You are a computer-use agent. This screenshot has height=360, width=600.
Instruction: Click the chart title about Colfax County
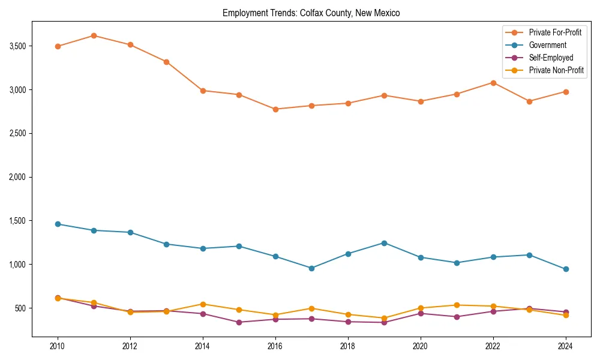pos(311,13)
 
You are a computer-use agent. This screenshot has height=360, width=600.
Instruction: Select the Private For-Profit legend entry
pos(555,32)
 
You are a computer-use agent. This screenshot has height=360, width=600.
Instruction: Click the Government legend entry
pos(547,45)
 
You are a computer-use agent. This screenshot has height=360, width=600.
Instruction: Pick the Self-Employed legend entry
pos(551,58)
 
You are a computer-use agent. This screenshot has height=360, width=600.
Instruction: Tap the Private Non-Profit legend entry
pos(556,70)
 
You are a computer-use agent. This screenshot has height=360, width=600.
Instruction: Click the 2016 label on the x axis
pos(275,346)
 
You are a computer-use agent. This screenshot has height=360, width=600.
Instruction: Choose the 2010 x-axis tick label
pos(58,346)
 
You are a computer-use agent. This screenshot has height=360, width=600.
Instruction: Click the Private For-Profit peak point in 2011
pos(94,35)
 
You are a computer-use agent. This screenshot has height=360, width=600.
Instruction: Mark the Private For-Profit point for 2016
pos(275,109)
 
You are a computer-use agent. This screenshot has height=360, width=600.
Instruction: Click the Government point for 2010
pos(58,224)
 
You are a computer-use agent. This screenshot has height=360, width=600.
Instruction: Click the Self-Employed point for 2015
pos(239,322)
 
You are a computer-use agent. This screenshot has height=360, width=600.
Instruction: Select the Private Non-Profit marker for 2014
pos(203,304)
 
